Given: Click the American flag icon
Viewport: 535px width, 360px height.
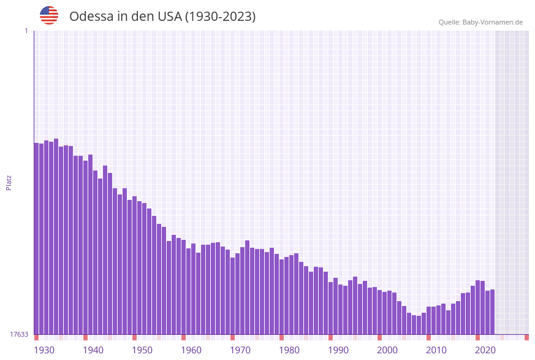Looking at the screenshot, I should click(x=49, y=15).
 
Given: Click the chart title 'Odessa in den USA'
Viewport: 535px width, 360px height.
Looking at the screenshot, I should click(x=162, y=17).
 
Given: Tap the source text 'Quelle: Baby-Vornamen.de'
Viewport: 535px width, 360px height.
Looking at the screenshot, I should click(x=480, y=22).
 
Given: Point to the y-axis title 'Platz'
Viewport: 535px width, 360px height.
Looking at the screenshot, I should click(x=9, y=182).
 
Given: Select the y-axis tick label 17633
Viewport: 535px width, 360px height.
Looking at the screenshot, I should click(x=19, y=334).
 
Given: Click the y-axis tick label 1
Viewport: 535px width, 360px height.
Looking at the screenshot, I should click(x=26, y=31).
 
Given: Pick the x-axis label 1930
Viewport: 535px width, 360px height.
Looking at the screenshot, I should click(x=44, y=350).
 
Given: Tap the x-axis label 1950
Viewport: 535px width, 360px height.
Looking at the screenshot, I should click(x=142, y=350).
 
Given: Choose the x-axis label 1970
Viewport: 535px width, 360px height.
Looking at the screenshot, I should click(x=240, y=350).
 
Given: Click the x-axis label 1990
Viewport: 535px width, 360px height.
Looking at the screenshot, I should click(x=338, y=350).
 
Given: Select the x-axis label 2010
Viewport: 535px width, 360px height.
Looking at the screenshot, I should click(x=436, y=350).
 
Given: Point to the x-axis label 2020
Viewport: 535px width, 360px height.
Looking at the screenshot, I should click(x=485, y=350).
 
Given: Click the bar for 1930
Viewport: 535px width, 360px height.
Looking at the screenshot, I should click(x=37, y=239).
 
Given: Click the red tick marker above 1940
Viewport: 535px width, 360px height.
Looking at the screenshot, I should click(x=86, y=337).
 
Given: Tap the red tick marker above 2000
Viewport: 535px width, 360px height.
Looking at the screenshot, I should click(x=380, y=337).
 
